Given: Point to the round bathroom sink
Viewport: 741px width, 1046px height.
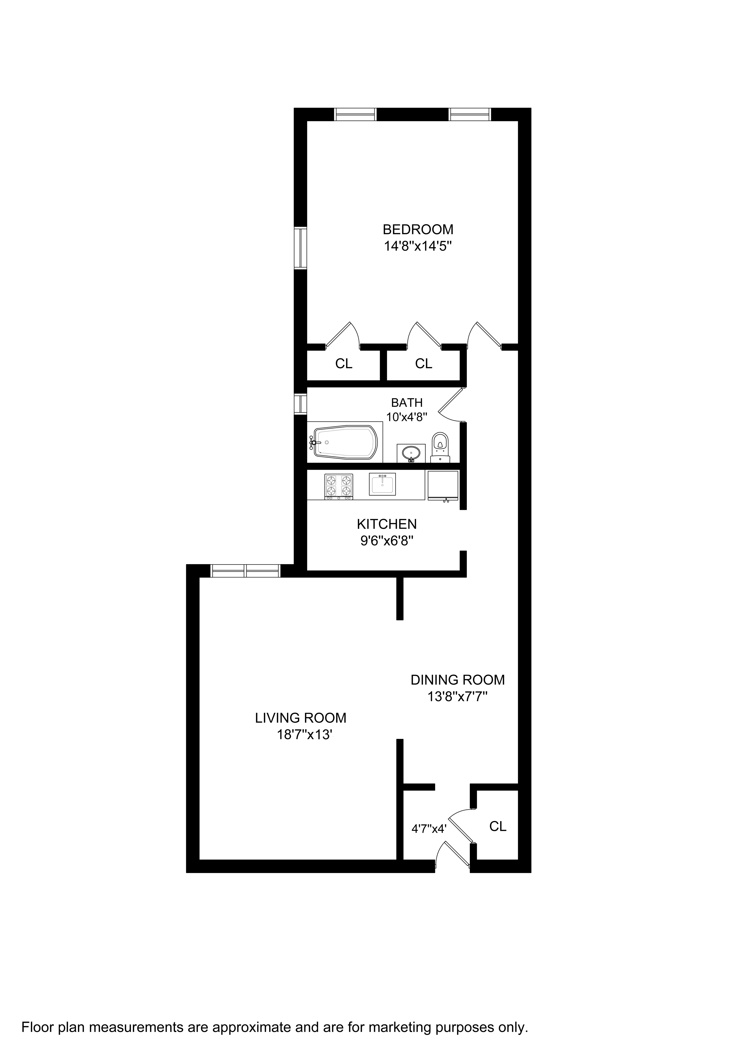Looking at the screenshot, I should [411, 453].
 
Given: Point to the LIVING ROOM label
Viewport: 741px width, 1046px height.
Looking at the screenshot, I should [301, 718].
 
